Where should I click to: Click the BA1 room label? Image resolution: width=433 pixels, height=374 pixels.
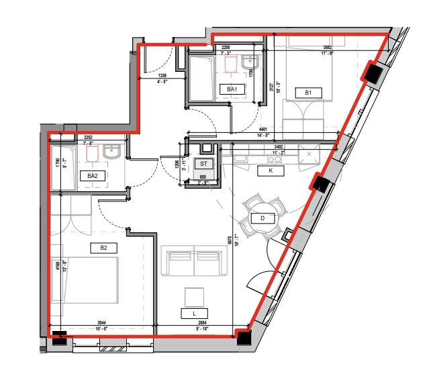(x=233, y=89)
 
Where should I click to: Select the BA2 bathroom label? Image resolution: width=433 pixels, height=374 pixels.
(x=93, y=175)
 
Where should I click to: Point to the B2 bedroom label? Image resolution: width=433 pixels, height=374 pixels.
(x=103, y=248)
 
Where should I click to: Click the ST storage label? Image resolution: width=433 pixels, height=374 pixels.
(x=203, y=162)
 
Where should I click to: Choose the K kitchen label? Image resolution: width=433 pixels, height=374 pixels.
(x=271, y=171)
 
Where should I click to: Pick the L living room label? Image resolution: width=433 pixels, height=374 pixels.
(x=194, y=313)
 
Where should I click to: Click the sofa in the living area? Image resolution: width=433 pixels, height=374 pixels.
(x=193, y=261)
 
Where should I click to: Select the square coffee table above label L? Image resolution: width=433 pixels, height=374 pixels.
(x=194, y=296)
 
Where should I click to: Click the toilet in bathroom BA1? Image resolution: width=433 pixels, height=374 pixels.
(x=231, y=63)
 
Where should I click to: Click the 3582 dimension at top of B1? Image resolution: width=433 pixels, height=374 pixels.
(x=328, y=48)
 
